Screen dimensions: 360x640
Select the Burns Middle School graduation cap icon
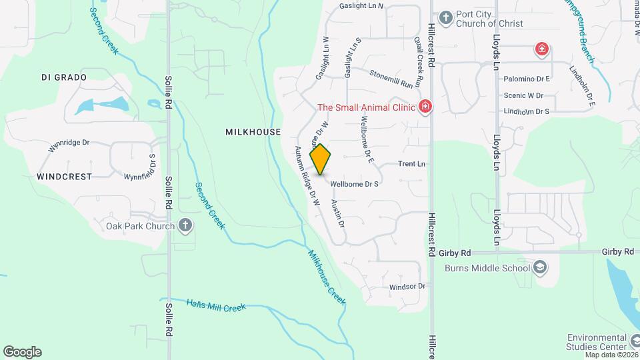[x=541, y=268]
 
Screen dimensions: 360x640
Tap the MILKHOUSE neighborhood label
[x=253, y=132]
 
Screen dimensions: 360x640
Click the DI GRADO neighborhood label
[x=64, y=77]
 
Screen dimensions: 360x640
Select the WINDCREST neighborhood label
[x=64, y=177]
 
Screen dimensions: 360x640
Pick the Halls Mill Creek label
[x=216, y=305]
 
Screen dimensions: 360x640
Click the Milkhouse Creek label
[x=327, y=277]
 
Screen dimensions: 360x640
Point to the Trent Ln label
[x=411, y=163]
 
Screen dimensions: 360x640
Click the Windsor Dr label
[x=407, y=287]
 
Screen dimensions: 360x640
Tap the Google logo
[x=22, y=352]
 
